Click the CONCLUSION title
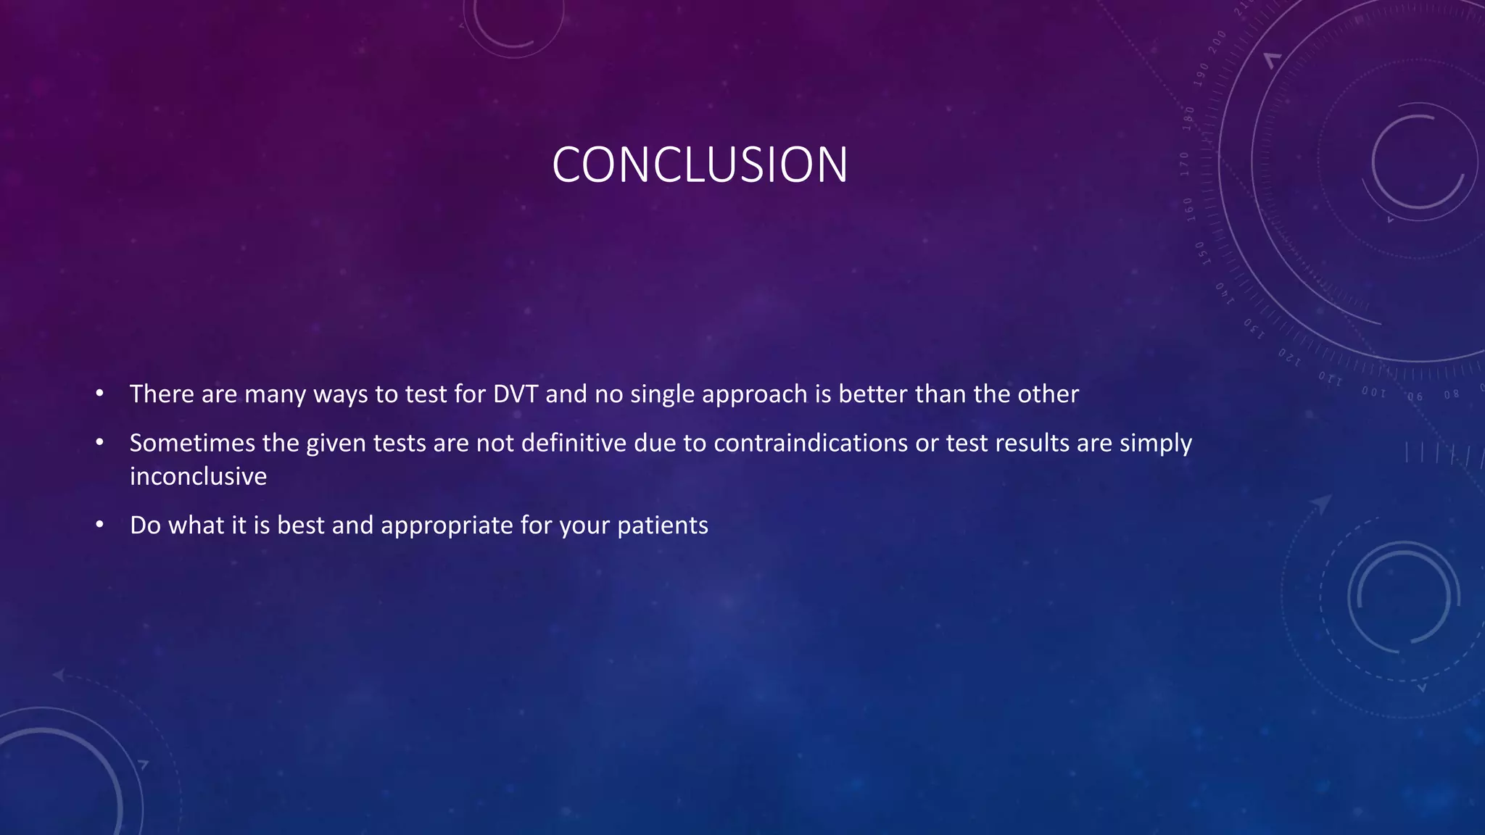[700, 165]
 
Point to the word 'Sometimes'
[192, 443]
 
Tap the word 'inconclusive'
[198, 476]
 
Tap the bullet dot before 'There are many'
[100, 394]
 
